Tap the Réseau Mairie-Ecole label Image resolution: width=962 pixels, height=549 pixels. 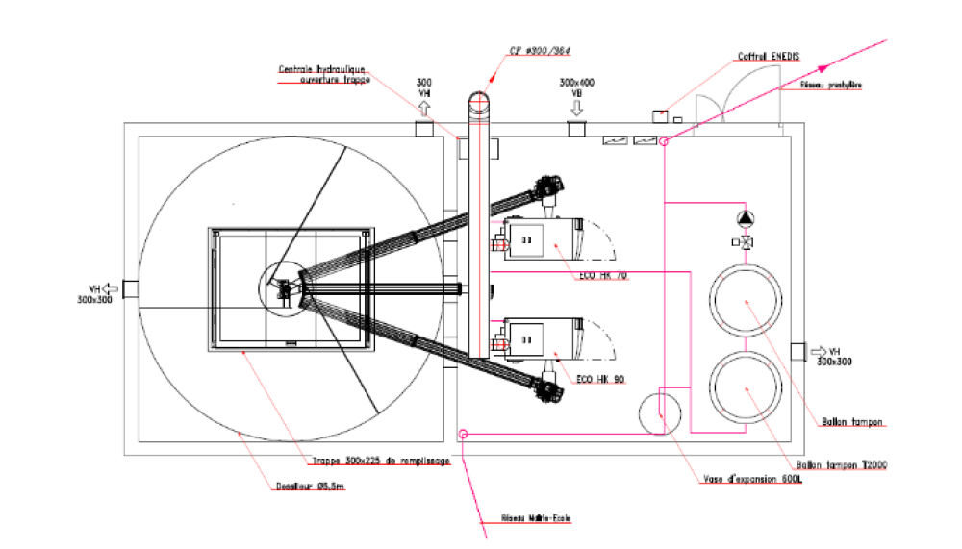[x=536, y=519]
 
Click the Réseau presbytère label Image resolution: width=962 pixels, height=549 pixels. [x=831, y=86]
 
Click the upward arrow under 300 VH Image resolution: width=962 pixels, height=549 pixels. [x=424, y=107]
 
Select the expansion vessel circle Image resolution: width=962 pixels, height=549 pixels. [x=662, y=412]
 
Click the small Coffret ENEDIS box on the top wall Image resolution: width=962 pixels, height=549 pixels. [x=660, y=116]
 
